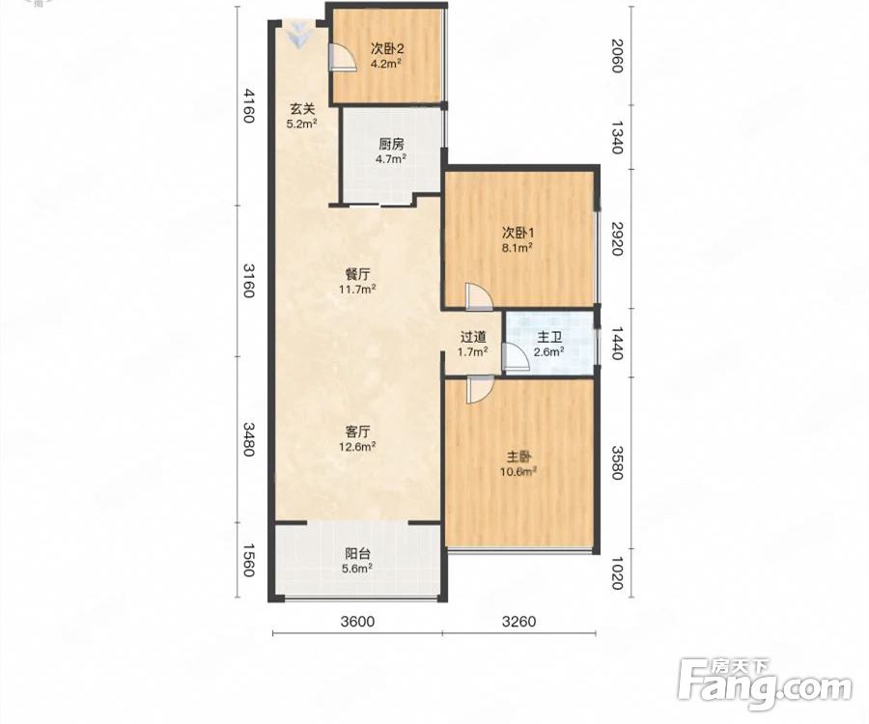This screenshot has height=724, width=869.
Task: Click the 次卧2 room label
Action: (x=387, y=48)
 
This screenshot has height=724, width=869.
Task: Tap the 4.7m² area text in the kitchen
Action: (x=391, y=159)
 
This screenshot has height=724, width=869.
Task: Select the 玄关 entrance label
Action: (x=301, y=110)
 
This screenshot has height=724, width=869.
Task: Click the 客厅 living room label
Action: (x=357, y=432)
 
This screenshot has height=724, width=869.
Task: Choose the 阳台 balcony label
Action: (x=357, y=553)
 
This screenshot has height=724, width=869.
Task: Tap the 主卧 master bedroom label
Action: (x=519, y=457)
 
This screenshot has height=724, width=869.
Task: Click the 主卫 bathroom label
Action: (x=549, y=337)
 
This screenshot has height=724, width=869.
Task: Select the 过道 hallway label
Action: (x=473, y=337)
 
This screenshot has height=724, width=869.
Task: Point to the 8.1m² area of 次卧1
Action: (x=518, y=248)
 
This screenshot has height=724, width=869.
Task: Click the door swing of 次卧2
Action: (x=343, y=56)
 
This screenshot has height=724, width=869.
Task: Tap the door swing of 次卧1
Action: (x=479, y=295)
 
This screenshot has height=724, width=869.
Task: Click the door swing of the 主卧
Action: (x=479, y=389)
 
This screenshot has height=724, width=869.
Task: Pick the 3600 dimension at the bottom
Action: (x=357, y=622)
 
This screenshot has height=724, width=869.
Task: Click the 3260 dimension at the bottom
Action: (x=519, y=622)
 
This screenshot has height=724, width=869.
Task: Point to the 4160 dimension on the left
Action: (x=249, y=106)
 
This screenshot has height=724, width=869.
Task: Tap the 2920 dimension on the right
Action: (x=618, y=238)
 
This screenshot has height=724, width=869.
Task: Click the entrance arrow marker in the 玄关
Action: (x=299, y=36)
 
